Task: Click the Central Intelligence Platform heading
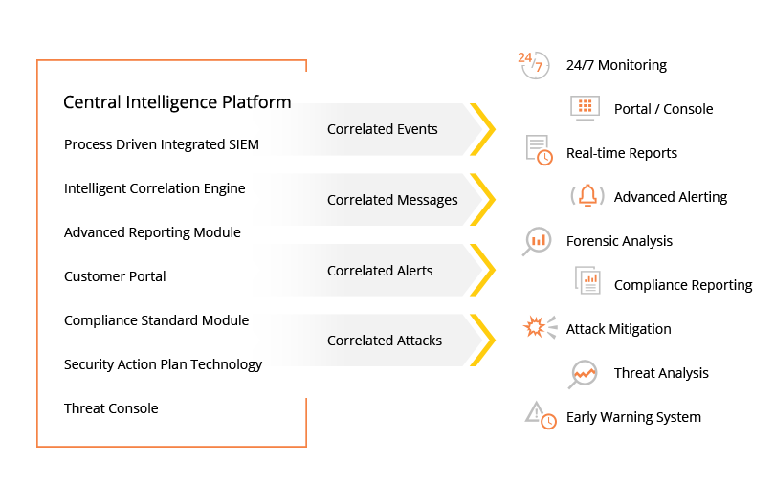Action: tap(177, 102)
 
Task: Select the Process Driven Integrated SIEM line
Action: tap(162, 144)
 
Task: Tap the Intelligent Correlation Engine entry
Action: tap(154, 188)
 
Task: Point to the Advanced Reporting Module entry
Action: tap(152, 232)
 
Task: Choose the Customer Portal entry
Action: tap(115, 276)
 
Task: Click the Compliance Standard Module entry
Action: tap(156, 320)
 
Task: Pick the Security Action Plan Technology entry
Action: tap(163, 364)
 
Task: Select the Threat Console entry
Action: tap(111, 408)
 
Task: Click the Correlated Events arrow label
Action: tap(382, 129)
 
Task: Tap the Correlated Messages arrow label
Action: tap(392, 200)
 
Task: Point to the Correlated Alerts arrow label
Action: tap(380, 271)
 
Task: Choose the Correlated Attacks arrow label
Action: tap(384, 341)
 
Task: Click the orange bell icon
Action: tap(587, 196)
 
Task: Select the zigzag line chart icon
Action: tap(585, 374)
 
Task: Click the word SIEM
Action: tap(243, 144)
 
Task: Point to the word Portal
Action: tap(144, 276)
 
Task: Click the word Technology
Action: tap(226, 364)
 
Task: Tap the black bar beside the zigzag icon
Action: tap(660, 374)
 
